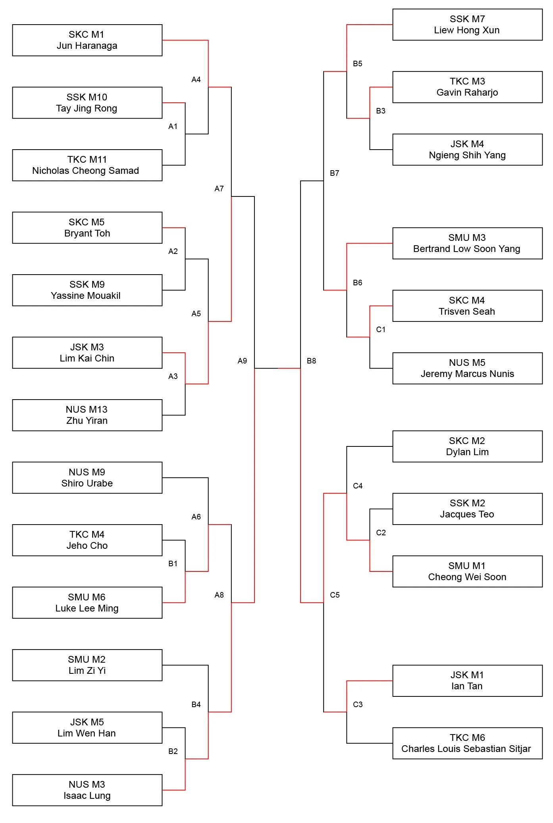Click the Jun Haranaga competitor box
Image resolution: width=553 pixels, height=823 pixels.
(87, 40)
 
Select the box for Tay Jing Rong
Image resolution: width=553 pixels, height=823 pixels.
(87, 103)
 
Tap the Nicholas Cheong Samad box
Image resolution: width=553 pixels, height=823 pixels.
(87, 165)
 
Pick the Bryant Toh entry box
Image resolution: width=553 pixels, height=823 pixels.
(87, 228)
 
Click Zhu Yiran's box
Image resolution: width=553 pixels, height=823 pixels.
(87, 415)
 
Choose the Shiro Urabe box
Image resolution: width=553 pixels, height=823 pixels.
(87, 478)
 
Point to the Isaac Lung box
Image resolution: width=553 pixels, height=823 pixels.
(87, 790)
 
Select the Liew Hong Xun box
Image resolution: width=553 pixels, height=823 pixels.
(467, 25)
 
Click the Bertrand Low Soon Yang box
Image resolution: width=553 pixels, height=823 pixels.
(467, 243)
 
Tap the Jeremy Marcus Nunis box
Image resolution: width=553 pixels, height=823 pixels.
(467, 368)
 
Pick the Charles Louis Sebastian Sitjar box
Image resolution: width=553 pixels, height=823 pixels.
(467, 743)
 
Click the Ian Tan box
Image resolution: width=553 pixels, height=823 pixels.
(467, 681)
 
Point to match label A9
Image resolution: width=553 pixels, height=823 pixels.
(242, 361)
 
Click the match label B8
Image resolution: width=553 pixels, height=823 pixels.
(311, 361)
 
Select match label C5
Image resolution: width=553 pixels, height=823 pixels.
(335, 595)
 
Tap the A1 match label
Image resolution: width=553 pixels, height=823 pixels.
(173, 126)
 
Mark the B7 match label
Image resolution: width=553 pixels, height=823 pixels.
(335, 173)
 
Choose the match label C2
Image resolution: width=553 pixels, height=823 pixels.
(381, 533)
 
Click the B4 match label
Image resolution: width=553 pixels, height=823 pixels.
(196, 704)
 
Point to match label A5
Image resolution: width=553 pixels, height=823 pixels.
(196, 313)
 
